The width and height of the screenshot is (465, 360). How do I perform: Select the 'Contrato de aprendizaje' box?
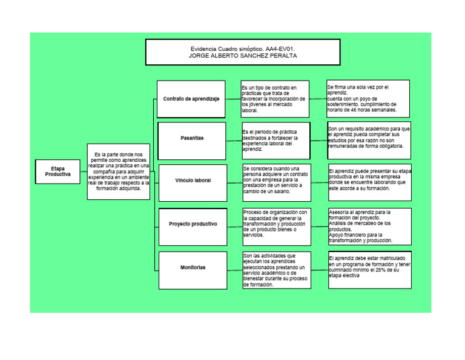pos(191,99)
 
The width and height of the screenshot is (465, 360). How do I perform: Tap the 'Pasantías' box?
pos(192,138)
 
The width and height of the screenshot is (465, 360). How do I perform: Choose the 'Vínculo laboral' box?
pos(193,181)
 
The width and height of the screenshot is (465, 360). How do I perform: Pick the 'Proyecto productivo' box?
pos(193,224)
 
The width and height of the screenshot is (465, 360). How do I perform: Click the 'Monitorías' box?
pos(193,267)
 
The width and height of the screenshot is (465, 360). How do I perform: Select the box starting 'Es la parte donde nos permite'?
pos(119,172)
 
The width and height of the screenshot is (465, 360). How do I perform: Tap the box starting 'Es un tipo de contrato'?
pos(275,99)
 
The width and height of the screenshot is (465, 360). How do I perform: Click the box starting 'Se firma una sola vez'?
pos(368,98)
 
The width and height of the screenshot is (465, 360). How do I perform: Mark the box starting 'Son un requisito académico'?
pos(369,138)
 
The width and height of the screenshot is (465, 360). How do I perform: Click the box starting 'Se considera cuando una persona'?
pos(277,180)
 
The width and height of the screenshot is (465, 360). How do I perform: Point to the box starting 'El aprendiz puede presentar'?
pos(370,180)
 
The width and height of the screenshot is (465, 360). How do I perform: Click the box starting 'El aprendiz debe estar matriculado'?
pos(370,268)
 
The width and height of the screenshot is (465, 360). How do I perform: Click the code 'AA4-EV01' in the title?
pos(283,48)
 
